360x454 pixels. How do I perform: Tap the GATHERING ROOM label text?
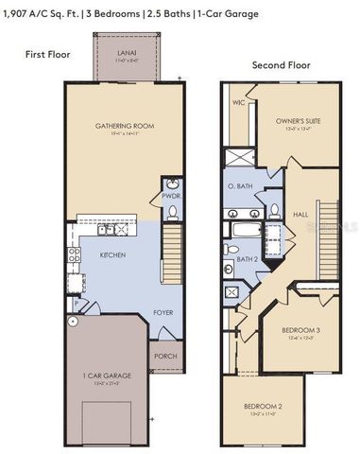[x=124, y=126]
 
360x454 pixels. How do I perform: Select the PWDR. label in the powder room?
[x=170, y=196]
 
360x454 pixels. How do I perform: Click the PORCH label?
[x=164, y=358]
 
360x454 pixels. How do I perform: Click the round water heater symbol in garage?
[x=71, y=322]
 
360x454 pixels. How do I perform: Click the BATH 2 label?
[x=247, y=258]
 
